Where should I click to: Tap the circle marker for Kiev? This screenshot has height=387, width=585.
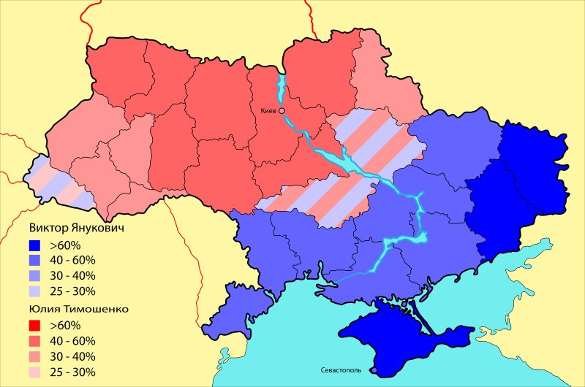click(x=282, y=110)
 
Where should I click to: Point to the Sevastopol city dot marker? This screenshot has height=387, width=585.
click(x=374, y=371)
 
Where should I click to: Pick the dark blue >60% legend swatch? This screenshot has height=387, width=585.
click(x=34, y=244)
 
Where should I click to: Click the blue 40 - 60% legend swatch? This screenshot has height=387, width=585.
click(x=34, y=260)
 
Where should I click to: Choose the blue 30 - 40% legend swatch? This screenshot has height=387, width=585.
click(x=34, y=276)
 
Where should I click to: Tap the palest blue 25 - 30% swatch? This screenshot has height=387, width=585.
click(x=34, y=292)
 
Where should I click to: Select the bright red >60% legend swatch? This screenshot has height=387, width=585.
click(x=34, y=325)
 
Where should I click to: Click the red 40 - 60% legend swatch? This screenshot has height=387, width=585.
click(x=34, y=341)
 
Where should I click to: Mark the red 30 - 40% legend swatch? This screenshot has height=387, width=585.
click(x=34, y=357)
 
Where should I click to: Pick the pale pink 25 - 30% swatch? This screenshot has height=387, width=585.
click(x=34, y=373)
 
